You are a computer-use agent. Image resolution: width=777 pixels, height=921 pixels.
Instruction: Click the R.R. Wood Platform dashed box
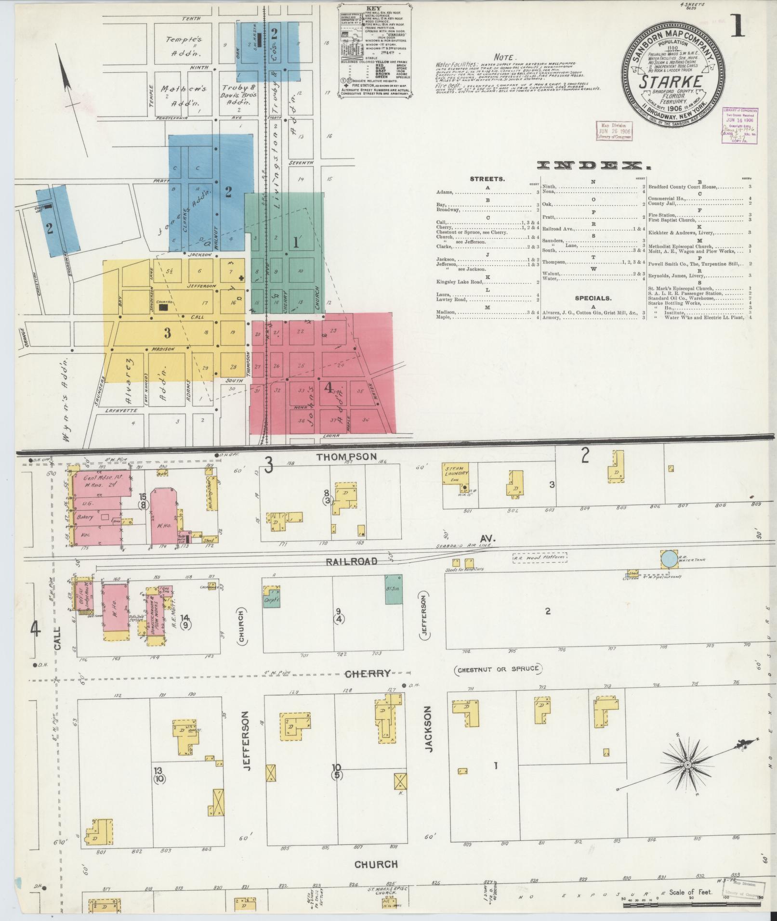(x=539, y=558)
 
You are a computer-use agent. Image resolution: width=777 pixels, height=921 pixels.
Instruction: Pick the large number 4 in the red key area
(x=329, y=388)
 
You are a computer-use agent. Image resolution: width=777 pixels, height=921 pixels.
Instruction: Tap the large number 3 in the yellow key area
(x=167, y=333)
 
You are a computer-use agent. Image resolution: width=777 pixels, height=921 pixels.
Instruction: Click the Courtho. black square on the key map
(x=164, y=306)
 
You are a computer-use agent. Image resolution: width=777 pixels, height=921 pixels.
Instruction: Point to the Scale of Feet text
(x=690, y=892)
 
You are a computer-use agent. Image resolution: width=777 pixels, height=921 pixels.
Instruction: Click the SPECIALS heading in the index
(x=593, y=298)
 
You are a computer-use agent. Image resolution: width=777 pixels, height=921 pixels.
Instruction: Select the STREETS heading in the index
(x=487, y=179)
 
